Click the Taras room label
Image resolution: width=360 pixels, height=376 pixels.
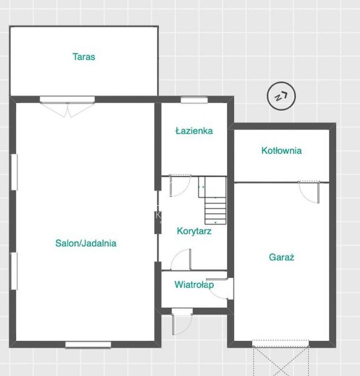click(x=84, y=57)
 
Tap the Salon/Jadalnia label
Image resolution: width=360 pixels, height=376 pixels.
click(x=86, y=243)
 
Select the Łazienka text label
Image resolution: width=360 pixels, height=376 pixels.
click(x=194, y=131)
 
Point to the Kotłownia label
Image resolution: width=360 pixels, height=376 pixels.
click(x=281, y=150)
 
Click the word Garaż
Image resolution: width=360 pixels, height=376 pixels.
click(x=281, y=257)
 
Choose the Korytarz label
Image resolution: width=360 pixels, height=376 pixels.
click(x=194, y=231)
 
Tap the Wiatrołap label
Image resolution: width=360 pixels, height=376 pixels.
click(x=194, y=284)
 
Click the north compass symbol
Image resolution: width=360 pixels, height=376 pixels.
click(x=281, y=96)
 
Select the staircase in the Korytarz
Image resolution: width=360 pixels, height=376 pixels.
click(x=212, y=200)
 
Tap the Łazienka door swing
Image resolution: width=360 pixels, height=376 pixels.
click(x=180, y=186)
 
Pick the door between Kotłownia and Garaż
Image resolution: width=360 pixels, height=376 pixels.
click(x=309, y=192)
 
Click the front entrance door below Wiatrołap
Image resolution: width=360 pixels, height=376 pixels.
click(x=182, y=322)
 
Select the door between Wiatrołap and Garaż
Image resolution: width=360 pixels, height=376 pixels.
click(x=220, y=289)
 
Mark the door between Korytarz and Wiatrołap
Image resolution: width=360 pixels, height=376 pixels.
click(x=180, y=260)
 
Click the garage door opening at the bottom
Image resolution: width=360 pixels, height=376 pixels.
click(x=281, y=343)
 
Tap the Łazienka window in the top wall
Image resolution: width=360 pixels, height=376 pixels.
click(x=194, y=100)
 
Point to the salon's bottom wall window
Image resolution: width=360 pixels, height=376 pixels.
click(x=88, y=345)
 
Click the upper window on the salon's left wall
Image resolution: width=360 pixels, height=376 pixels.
click(x=14, y=172)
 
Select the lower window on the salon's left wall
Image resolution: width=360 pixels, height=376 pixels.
click(x=14, y=271)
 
